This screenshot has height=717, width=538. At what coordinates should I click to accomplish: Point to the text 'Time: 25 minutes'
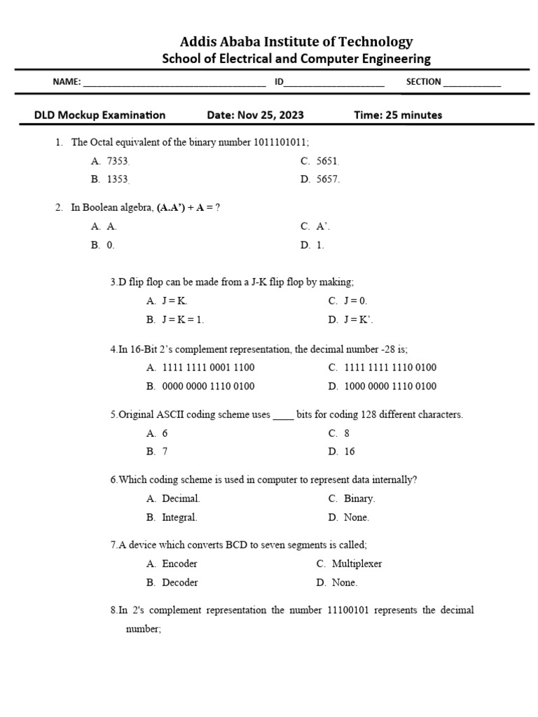pos(398,115)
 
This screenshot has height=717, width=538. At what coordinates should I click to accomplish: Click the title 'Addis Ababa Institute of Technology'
pos(296,42)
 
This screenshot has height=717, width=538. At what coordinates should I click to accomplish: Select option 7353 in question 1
pos(118,161)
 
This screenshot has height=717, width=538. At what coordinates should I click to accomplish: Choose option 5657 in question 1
pos(328,179)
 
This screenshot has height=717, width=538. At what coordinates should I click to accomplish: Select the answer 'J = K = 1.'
pos(183,319)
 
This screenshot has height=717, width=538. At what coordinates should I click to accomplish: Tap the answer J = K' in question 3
pos(359,319)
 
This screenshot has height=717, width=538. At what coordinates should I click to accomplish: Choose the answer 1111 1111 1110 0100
pos(390,368)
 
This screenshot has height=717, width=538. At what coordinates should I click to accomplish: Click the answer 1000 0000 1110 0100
pos(390,386)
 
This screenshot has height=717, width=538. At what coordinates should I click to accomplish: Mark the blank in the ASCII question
pos(283,415)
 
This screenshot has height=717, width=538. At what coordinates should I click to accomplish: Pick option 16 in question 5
pos(350,452)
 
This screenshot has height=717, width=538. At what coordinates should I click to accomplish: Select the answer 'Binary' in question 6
pos(359,499)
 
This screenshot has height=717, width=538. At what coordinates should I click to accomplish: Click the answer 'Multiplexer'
pos(357,564)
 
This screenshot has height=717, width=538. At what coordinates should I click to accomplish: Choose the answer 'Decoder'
pos(180,583)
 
